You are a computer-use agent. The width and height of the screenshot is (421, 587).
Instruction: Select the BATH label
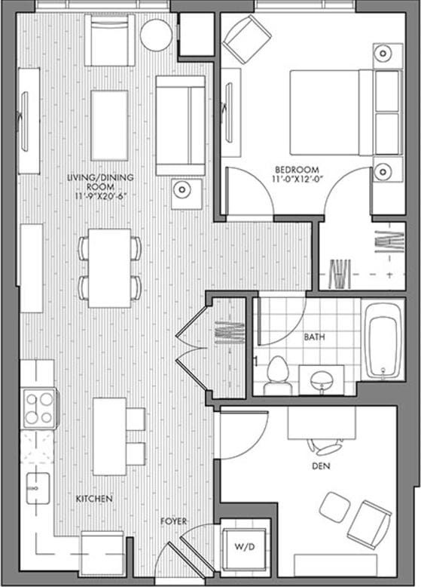pos(314,337)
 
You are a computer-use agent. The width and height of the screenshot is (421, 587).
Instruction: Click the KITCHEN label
pos(94,499)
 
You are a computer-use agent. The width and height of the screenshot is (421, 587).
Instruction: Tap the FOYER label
pos(173,521)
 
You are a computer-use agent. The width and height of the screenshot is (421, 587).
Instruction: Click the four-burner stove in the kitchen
pos(39,408)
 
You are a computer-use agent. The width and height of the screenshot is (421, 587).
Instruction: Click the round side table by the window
pos(157,35)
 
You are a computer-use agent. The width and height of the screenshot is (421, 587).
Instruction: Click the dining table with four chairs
pos(110,267)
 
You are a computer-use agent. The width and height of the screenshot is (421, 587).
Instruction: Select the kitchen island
pos(109,436)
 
